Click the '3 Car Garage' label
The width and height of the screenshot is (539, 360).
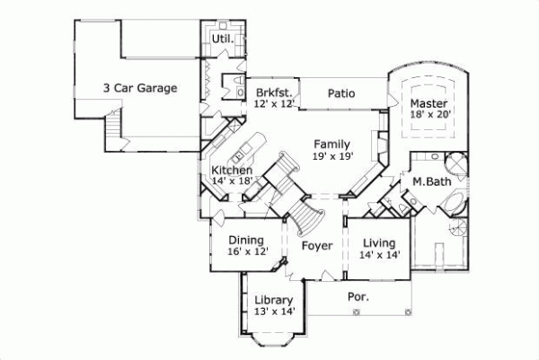tap(139, 88)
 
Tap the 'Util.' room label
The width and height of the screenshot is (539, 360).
tap(222, 40)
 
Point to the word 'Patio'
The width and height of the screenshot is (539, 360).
tap(340, 92)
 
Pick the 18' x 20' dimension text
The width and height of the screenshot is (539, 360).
tap(430, 116)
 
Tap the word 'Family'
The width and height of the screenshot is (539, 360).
tap(331, 144)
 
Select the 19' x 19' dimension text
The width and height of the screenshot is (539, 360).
tap(332, 156)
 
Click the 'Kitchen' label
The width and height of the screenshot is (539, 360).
tap(231, 170)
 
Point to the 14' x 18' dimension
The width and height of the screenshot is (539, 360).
tap(231, 181)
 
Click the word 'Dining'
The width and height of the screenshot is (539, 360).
tap(245, 240)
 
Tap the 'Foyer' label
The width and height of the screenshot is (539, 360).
tap(316, 245)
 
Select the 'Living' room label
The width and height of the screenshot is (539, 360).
tap(380, 242)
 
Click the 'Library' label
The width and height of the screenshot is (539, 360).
tap(273, 300)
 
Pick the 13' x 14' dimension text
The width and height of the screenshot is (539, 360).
tap(273, 312)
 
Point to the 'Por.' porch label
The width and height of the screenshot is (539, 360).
tap(358, 294)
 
